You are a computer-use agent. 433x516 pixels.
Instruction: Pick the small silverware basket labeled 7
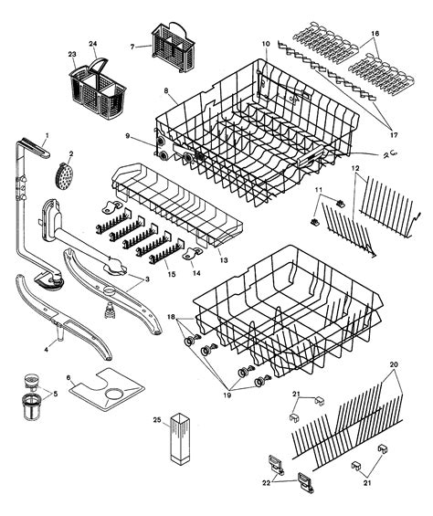(x=167, y=45)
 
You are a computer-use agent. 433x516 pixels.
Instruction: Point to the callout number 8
(x=165, y=90)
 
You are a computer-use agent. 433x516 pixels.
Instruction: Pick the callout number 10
(x=265, y=44)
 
